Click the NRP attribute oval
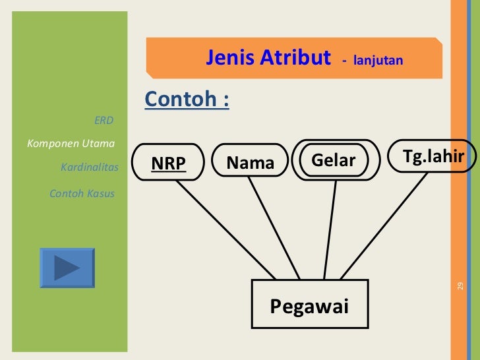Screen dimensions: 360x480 168,163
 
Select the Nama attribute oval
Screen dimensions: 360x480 250,162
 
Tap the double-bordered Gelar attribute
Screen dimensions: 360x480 334,160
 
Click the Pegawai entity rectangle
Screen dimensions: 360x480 309,305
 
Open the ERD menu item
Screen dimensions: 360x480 104,121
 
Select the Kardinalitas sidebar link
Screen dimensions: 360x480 90,167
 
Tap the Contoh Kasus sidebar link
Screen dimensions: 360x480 82,194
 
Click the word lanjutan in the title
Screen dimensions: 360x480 377,61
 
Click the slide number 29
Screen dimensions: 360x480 460,285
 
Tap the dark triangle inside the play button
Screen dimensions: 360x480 66,267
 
